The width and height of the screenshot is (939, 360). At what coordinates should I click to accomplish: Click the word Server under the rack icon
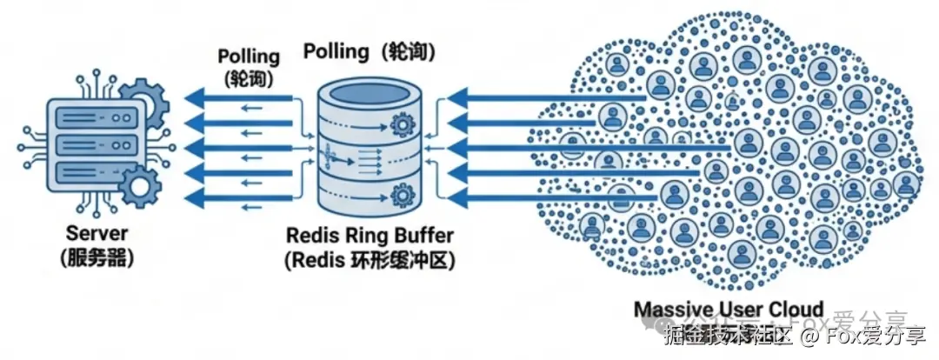point(97,234)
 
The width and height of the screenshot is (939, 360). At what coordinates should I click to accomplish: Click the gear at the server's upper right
point(143,100)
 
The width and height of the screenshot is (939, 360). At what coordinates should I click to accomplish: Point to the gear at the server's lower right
point(139,187)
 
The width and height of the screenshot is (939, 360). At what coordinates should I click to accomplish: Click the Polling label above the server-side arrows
point(249,57)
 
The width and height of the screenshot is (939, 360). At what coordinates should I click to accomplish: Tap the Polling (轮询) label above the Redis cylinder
point(370,51)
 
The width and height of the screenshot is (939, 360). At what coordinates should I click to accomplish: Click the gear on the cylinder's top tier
point(401,126)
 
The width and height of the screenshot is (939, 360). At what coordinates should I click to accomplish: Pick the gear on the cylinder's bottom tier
point(401,192)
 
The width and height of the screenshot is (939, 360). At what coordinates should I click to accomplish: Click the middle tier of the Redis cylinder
point(370,160)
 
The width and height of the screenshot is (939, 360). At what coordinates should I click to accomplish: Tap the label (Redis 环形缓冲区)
point(370,260)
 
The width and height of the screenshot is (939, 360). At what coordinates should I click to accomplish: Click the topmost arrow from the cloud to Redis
point(539,97)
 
